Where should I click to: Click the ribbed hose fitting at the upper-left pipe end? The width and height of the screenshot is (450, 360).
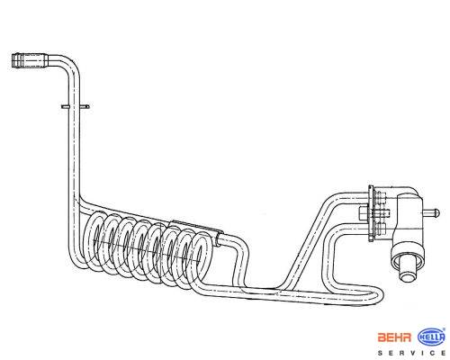(x=31, y=61)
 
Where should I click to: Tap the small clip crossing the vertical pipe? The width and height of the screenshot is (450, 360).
(x=75, y=106)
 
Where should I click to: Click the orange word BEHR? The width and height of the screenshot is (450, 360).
(x=394, y=337)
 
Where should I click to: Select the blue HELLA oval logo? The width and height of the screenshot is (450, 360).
(x=431, y=337)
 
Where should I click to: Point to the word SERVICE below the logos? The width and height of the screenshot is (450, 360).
(x=411, y=353)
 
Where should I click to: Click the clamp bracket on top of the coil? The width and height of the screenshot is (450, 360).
(x=196, y=228)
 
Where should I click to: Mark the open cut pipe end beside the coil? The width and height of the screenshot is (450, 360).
(x=219, y=241)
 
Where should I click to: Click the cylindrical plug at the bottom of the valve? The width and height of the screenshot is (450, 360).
(x=407, y=268)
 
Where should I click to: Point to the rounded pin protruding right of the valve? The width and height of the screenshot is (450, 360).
(x=431, y=213)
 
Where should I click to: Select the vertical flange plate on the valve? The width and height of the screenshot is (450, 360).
(x=372, y=213)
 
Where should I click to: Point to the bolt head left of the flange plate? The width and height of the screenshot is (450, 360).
(x=364, y=213)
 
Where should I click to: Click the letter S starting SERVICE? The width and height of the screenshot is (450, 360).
(x=380, y=353)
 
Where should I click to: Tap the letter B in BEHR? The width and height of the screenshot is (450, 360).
(x=382, y=337)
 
